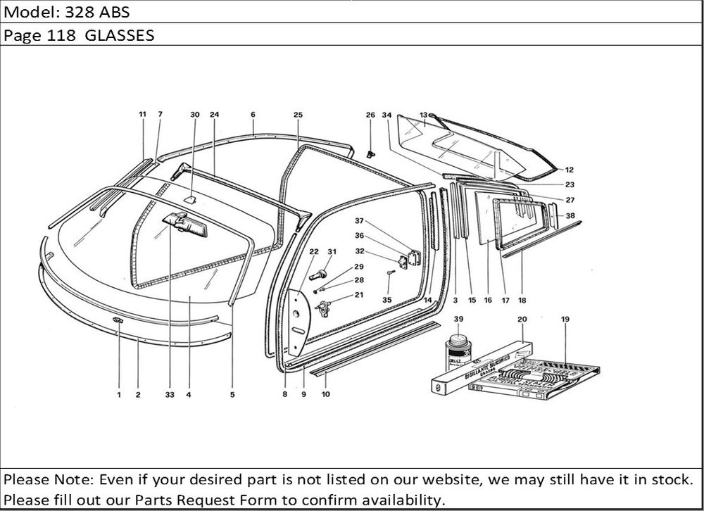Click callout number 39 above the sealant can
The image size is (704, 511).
[458, 319]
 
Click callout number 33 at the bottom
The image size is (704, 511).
[170, 395]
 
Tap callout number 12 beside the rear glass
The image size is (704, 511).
[569, 170]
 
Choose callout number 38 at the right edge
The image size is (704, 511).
[570, 215]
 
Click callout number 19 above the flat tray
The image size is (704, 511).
[565, 319]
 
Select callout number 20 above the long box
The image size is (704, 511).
[522, 319]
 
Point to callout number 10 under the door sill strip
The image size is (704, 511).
[325, 395]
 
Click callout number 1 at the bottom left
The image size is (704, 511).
[119, 395]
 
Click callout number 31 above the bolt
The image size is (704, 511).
[332, 252]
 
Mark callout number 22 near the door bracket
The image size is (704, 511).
[314, 252]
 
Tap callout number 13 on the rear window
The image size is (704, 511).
[424, 114]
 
